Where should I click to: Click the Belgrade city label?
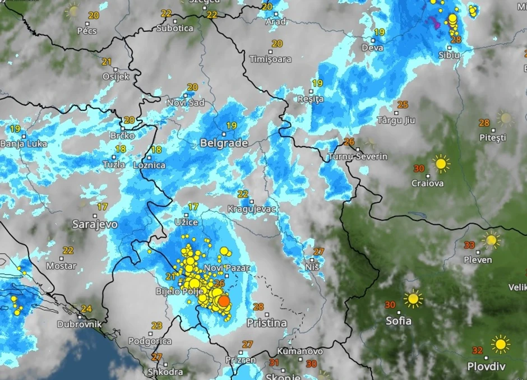[224, 143]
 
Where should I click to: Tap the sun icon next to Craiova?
[441, 164]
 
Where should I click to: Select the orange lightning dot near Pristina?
[223, 302]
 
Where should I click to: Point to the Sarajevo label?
[95, 224]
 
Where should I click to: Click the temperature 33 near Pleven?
[470, 245]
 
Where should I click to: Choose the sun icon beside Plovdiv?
[500, 344]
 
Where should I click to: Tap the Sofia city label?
[398, 321]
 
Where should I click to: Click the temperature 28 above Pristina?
[258, 307]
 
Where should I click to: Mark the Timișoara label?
[270, 59]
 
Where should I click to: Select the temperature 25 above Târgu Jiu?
[402, 105]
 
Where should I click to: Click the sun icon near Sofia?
[413, 299]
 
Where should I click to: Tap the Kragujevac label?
[253, 209]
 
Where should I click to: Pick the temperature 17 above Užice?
[193, 207]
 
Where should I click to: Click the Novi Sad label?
[186, 103]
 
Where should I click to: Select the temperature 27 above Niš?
[318, 252]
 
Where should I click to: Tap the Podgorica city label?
[150, 341]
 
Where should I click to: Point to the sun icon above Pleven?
[491, 240]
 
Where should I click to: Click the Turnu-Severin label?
[358, 156]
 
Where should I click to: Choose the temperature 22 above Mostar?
[68, 251]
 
